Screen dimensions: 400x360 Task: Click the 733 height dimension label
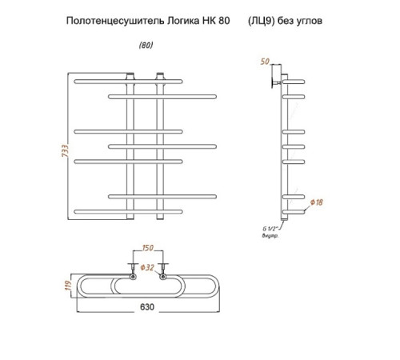pyautogui.click(x=66, y=150)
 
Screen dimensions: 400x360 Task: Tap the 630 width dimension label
pyautogui.click(x=147, y=307)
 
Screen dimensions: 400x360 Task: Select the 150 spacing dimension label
pyautogui.click(x=148, y=248)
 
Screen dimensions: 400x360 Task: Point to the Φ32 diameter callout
pyautogui.click(x=147, y=267)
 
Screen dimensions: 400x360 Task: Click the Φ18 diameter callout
pyautogui.click(x=317, y=202)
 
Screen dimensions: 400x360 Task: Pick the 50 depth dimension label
pyautogui.click(x=265, y=62)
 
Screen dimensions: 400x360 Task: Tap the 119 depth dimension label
pyautogui.click(x=69, y=286)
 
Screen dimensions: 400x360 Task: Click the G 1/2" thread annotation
pyautogui.click(x=270, y=229)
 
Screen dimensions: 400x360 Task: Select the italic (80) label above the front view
pyautogui.click(x=146, y=46)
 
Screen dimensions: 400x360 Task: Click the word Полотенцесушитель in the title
pyautogui.click(x=115, y=21)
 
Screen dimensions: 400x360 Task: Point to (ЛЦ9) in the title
pyautogui.click(x=262, y=21)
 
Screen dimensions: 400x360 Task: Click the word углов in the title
pyautogui.click(x=310, y=21)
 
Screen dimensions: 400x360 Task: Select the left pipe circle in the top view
pyautogui.click(x=133, y=277)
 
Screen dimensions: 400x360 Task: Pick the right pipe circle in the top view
pyautogui.click(x=163, y=277)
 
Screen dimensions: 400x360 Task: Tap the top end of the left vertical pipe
pyautogui.click(x=130, y=74)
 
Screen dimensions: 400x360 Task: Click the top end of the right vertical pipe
pyautogui.click(x=160, y=74)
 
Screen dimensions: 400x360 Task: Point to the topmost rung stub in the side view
pyautogui.click(x=294, y=82)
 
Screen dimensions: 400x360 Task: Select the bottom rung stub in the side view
pyautogui.click(x=294, y=212)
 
